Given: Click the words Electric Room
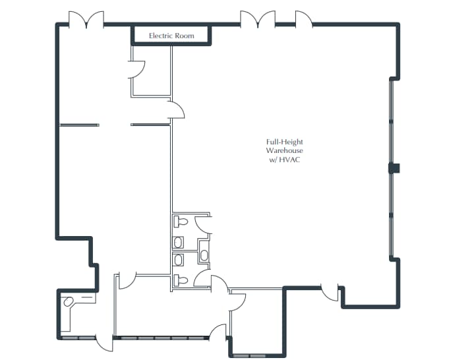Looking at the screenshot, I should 171,36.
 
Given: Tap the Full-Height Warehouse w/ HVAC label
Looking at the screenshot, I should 285,151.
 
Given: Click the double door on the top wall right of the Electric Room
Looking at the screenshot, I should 258,19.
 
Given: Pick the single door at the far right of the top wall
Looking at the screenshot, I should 303,19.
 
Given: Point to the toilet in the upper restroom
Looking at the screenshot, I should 181,222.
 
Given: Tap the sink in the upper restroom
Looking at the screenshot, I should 178,242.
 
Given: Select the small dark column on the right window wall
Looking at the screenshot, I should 394,168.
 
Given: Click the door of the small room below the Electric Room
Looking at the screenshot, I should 136,68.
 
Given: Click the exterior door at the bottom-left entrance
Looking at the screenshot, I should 104,344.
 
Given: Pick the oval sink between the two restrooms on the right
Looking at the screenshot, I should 204,254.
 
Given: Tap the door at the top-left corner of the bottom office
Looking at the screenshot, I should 127,280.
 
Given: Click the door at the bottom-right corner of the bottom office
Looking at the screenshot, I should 218,332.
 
